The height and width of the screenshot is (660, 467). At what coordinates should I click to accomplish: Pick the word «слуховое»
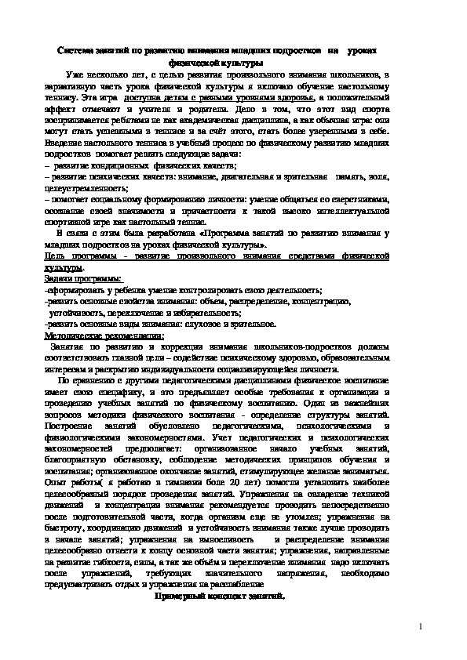209,323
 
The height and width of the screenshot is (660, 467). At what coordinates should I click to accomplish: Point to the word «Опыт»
57,483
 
